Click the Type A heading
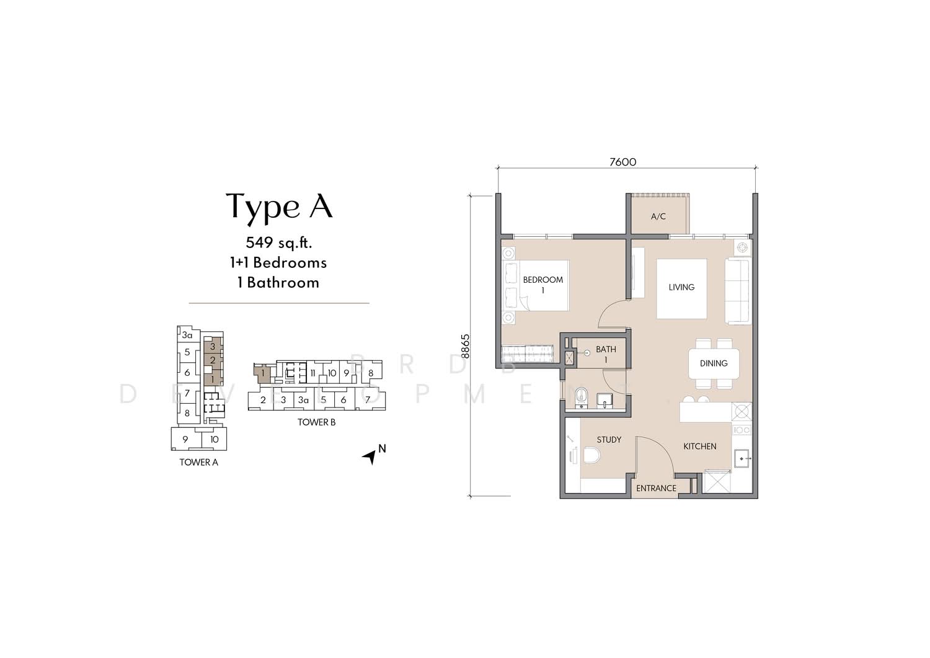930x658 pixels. tap(279, 207)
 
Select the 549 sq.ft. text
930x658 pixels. tap(278, 242)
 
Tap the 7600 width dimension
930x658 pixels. tap(622, 162)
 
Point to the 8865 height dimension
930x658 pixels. tap(466, 346)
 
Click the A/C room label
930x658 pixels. tap(658, 216)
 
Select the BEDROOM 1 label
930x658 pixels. tap(542, 285)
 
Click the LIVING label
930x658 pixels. tap(681, 287)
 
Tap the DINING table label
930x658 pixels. tap(714, 363)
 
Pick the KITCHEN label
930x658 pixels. tap(700, 447)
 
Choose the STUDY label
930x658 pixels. tap(609, 440)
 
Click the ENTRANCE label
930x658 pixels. tap(657, 489)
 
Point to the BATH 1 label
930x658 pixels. tap(606, 354)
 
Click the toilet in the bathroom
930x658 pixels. tap(582, 398)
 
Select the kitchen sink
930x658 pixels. tap(742, 458)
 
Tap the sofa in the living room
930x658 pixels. tap(738, 291)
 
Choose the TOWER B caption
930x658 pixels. tap(316, 422)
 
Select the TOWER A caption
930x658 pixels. tap(198, 463)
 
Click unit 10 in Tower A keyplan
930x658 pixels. tap(215, 440)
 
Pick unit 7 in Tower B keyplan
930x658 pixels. tap(368, 400)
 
